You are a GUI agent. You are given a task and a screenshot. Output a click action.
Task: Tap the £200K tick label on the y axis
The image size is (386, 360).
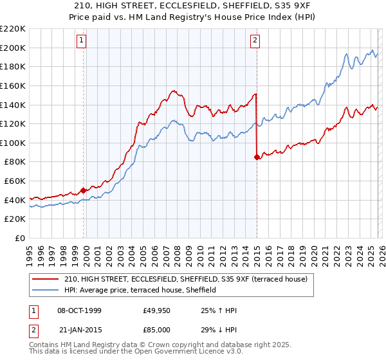click(13, 48)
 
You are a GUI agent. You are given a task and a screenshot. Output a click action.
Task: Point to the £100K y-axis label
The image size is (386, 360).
click(13, 143)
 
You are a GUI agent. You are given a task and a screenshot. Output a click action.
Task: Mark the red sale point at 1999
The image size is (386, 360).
click(83, 190)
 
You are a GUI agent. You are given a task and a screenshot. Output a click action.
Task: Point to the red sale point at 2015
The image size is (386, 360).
click(257, 157)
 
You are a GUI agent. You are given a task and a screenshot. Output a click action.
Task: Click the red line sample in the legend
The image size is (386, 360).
click(46, 279)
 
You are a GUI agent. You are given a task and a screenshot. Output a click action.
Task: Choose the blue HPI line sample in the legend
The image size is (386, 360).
click(46, 290)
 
